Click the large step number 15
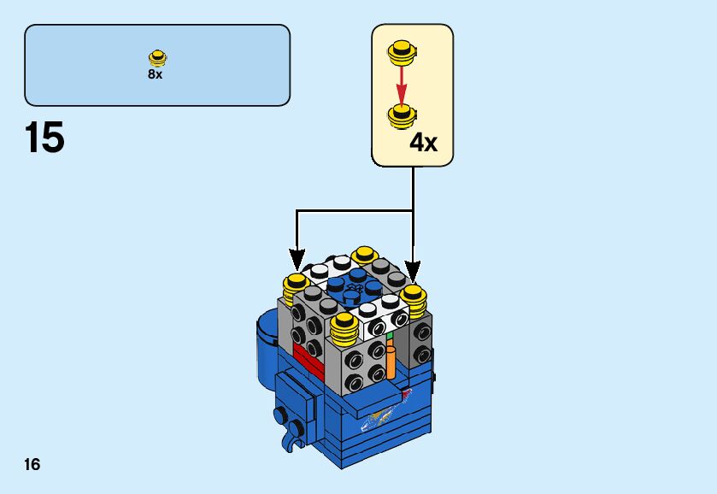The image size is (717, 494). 45,138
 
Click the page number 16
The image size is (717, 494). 32,465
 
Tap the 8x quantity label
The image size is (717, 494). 155,74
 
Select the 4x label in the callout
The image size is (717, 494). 423,142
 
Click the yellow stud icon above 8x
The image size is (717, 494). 156,58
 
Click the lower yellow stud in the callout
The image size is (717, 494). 400,115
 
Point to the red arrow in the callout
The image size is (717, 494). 400,84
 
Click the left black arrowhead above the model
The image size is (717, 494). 297,259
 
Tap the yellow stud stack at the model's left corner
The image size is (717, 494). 296,288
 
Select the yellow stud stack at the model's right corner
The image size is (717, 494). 414,300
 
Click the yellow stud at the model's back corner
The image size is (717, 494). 364,255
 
